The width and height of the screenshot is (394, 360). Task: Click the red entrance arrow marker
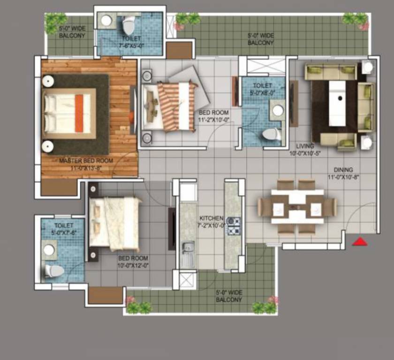pyautogui.click(x=359, y=242)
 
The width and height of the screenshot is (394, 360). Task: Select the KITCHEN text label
pyautogui.click(x=211, y=218)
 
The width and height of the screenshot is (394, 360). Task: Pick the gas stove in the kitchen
pyautogui.click(x=233, y=222)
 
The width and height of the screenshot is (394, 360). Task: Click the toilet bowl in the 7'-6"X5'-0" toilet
pyautogui.click(x=129, y=22)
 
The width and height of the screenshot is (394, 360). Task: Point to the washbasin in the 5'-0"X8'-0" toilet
pyautogui.click(x=278, y=111)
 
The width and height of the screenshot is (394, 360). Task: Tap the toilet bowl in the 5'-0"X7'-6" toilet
pyautogui.click(x=53, y=271)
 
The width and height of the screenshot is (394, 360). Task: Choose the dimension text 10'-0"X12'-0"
pyautogui.click(x=133, y=265)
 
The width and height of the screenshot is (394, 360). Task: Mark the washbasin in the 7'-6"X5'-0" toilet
pyautogui.click(x=106, y=21)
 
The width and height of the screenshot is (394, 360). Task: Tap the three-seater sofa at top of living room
pyautogui.click(x=330, y=72)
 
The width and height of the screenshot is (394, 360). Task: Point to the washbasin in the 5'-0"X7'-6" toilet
pyautogui.click(x=49, y=250)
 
